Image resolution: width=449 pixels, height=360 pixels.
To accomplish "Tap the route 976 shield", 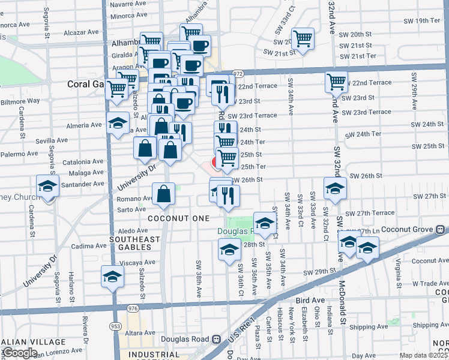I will [133, 308].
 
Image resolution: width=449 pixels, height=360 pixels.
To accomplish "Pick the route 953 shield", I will [114, 325].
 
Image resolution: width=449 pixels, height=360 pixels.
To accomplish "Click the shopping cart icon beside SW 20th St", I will [304, 39].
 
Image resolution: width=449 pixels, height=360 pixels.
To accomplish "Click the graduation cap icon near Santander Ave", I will [47, 185].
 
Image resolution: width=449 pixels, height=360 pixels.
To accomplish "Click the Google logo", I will [20, 353].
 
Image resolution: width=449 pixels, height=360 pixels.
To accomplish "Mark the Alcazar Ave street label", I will [80, 32].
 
